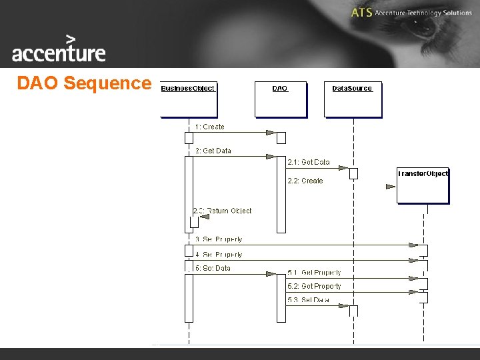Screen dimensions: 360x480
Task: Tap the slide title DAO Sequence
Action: (x=84, y=83)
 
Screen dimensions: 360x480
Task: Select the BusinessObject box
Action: (x=187, y=98)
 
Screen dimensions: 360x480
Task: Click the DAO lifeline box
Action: (x=280, y=98)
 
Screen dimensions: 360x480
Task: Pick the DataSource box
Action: (x=353, y=98)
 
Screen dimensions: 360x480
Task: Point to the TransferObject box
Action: (x=423, y=184)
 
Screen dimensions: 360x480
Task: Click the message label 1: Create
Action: (x=210, y=127)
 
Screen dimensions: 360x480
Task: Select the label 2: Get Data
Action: (x=213, y=151)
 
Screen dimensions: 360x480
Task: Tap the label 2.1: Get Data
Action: (x=308, y=162)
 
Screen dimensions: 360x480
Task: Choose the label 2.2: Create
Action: (x=305, y=181)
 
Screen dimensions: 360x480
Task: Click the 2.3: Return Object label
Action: (x=223, y=211)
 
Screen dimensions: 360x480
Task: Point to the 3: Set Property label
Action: (x=219, y=239)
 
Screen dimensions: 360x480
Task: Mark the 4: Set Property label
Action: (x=219, y=254)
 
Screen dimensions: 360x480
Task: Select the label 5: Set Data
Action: (x=213, y=268)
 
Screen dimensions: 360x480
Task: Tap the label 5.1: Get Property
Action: (x=314, y=272)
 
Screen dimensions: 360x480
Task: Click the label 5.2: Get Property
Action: (x=314, y=286)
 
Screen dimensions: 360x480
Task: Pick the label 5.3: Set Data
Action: (x=308, y=300)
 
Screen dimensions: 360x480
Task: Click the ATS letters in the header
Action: (x=361, y=13)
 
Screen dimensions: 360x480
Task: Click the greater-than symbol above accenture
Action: (x=70, y=39)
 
